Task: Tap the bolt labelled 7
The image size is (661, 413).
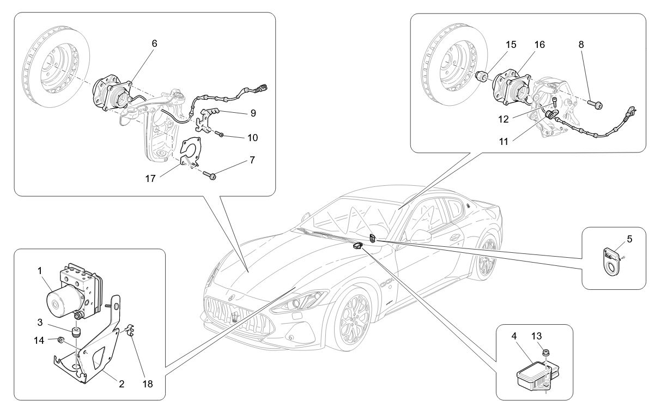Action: click(211, 175)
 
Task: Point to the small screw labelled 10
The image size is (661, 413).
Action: click(221, 134)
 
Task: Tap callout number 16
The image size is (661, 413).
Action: click(539, 45)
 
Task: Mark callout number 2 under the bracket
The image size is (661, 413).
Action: click(122, 384)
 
